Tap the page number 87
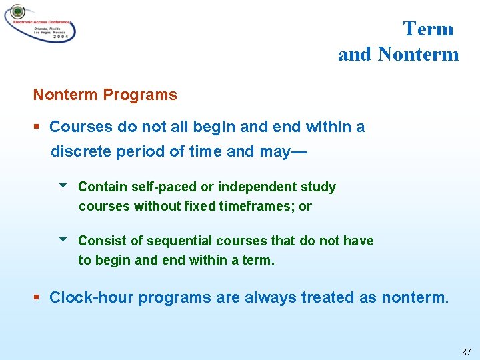click(466, 351)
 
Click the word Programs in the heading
click(140, 95)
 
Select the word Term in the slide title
click(428, 29)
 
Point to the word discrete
click(81, 151)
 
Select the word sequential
click(185, 241)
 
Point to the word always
click(271, 297)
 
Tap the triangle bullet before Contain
click(63, 186)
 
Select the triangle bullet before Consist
click(63, 240)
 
